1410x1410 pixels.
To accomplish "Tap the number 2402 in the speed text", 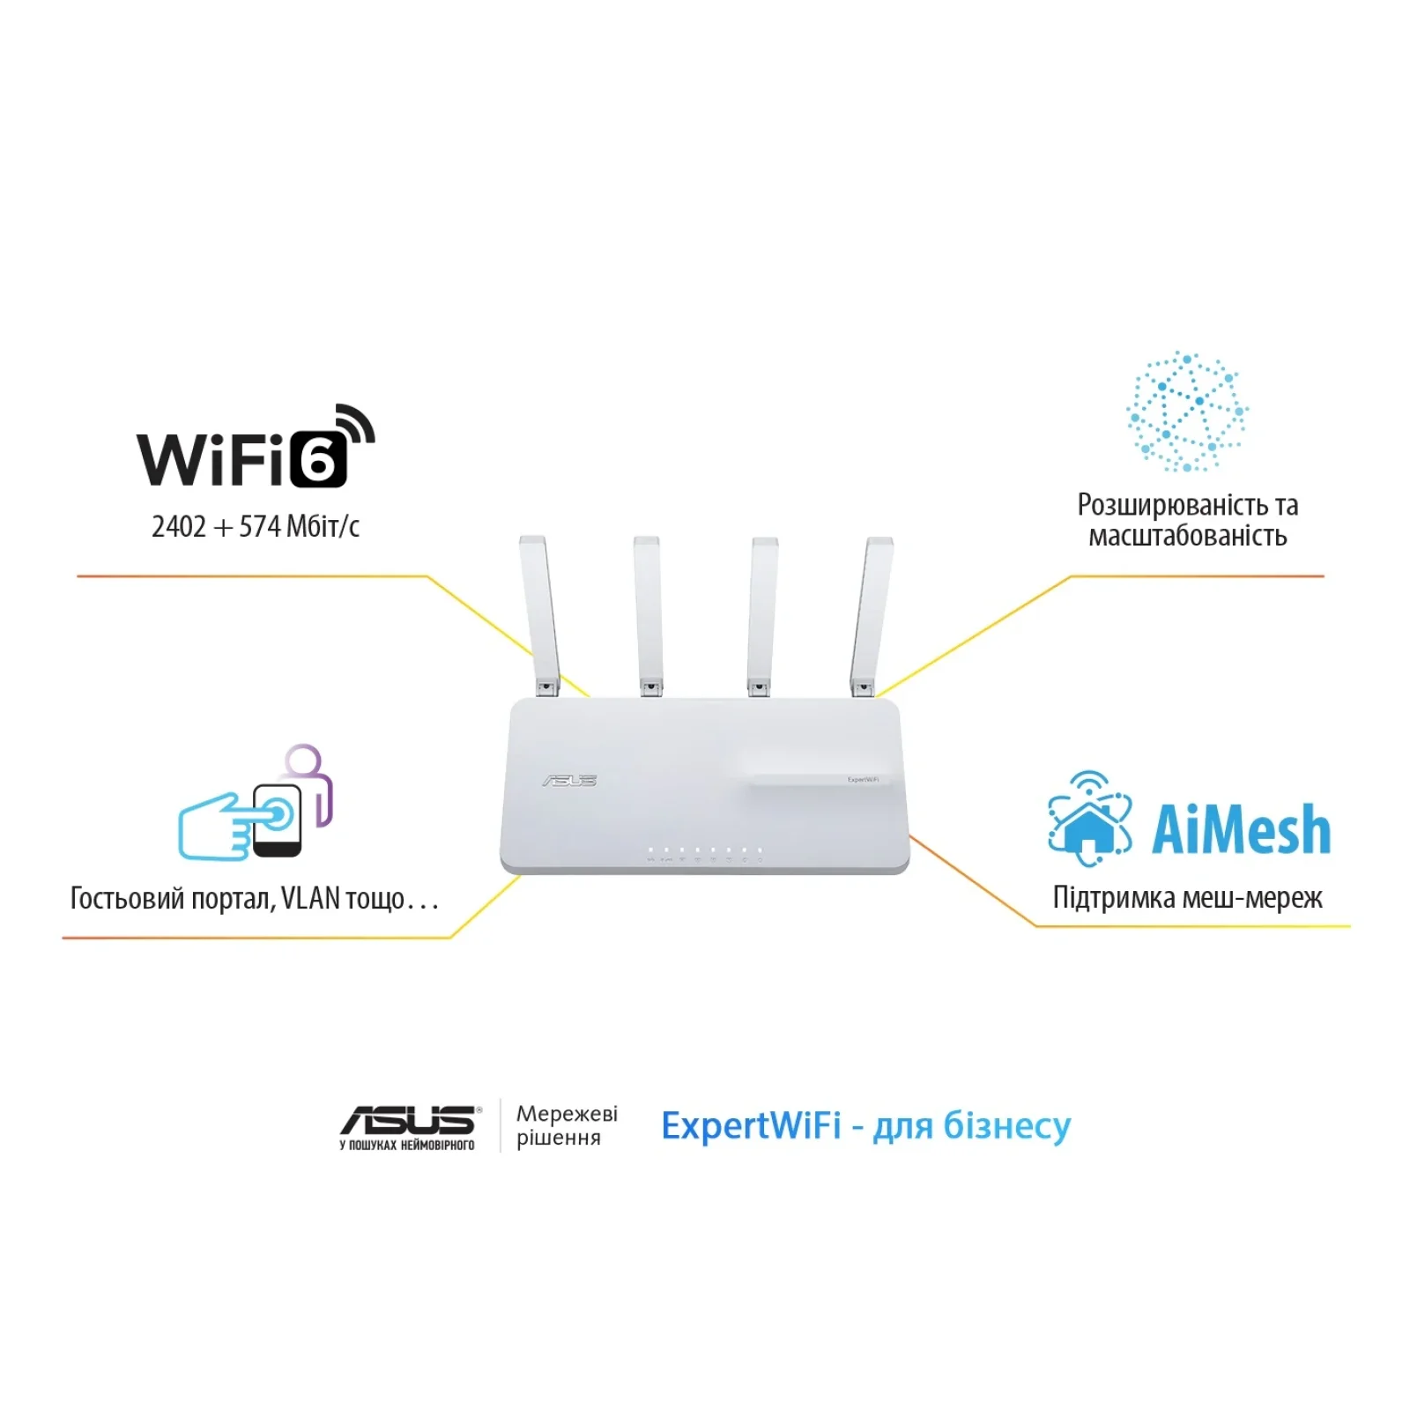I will pos(179,527).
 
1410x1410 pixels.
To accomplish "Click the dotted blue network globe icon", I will pos(1186,412).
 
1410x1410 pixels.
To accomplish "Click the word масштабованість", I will pos(1187,536).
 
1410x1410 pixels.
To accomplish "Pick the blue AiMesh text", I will pos(1241,830).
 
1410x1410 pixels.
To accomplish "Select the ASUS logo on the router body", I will pos(569,781).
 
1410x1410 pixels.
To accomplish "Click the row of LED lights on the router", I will pos(705,850).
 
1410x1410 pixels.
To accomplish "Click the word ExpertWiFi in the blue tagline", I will pos(751,1126).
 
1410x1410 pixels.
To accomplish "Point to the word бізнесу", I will pos(1006,1126).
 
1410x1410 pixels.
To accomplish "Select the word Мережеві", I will pos(567,1114).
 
